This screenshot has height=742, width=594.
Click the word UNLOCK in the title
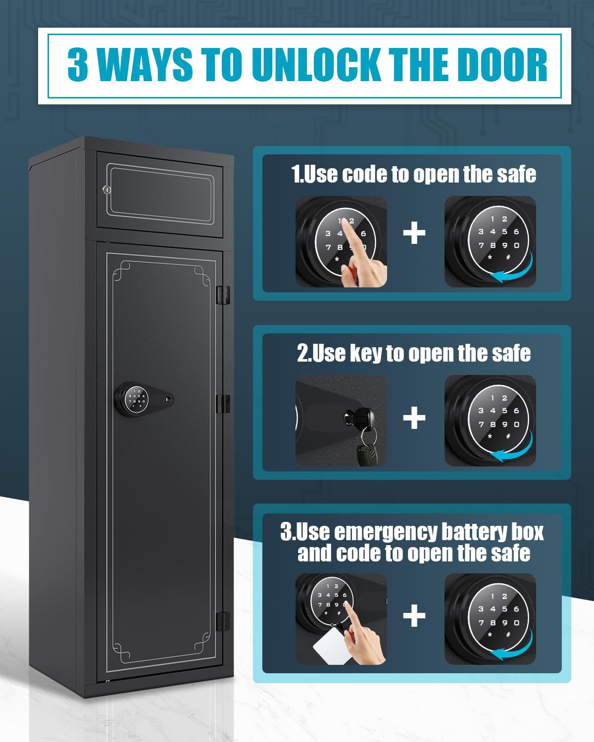(x=318, y=65)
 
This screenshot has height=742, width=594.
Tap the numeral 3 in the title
(x=78, y=65)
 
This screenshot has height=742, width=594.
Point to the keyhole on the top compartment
(x=106, y=189)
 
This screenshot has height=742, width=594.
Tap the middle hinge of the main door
(x=224, y=404)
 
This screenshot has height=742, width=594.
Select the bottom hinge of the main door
(x=223, y=621)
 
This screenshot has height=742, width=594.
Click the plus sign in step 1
(x=414, y=233)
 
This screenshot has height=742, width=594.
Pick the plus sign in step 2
(x=414, y=418)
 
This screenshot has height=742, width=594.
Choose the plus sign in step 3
(x=414, y=616)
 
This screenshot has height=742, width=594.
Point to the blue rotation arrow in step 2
(x=515, y=449)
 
